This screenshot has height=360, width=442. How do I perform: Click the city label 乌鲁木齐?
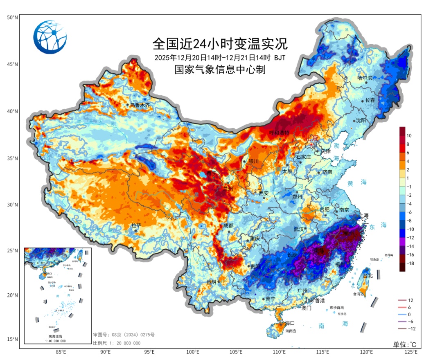coord(140,105)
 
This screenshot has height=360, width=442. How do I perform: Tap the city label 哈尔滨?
coord(365,78)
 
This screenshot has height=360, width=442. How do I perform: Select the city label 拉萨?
coord(136,225)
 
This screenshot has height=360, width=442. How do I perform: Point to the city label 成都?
coord(228,225)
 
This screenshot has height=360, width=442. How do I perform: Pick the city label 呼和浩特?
coord(279,133)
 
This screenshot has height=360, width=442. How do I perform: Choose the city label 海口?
coord(290,323)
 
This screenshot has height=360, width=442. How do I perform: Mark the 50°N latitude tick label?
coord(12,18)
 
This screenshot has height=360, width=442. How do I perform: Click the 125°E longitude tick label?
coord(410,352)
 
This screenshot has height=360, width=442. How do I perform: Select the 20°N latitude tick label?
coord(12,295)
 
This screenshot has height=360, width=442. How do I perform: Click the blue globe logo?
coord(50,37)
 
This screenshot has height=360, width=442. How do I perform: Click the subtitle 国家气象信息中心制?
coord(220,70)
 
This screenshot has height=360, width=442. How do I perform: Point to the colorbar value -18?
coord(410,263)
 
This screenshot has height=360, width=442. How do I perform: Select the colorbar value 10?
coord(409,135)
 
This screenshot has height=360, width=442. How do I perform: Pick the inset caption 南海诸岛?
coord(55,336)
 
